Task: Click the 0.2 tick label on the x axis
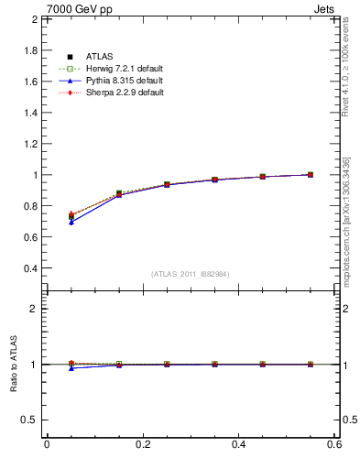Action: [x=142, y=444]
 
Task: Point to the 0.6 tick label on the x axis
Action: [x=335, y=444]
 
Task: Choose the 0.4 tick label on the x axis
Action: [x=238, y=444]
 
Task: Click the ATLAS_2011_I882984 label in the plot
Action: [x=191, y=274]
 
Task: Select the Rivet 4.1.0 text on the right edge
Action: [x=349, y=64]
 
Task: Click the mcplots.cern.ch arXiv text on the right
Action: [x=349, y=211]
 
